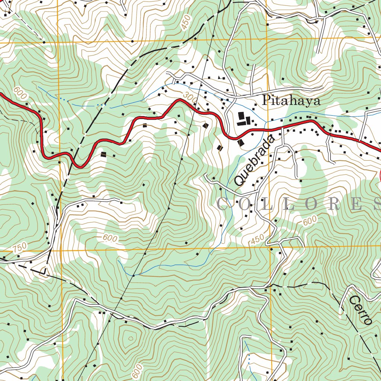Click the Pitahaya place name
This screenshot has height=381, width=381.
click(x=291, y=101)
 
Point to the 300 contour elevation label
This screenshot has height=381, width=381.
click(x=190, y=98)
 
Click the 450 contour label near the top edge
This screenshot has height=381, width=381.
click(x=185, y=23)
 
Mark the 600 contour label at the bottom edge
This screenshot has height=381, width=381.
click(x=137, y=371)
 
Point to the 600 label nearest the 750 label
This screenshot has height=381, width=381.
click(x=110, y=238)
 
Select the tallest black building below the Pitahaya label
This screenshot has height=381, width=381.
click(x=241, y=116)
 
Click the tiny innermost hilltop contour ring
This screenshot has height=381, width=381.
click(x=130, y=338)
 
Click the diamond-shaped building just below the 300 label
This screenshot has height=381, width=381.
click(x=205, y=126)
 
